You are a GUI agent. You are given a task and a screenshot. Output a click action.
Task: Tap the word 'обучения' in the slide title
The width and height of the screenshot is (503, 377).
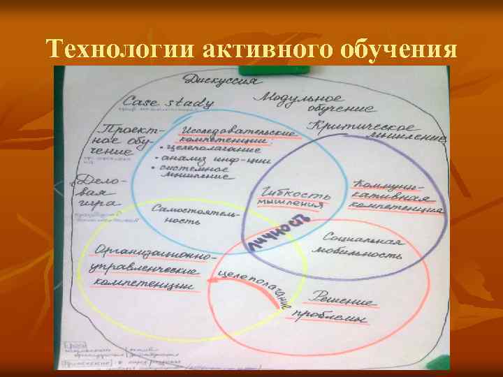pos(399,50)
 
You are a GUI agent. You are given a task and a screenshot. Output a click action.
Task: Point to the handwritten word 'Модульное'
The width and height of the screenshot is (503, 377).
pos(302,98)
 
